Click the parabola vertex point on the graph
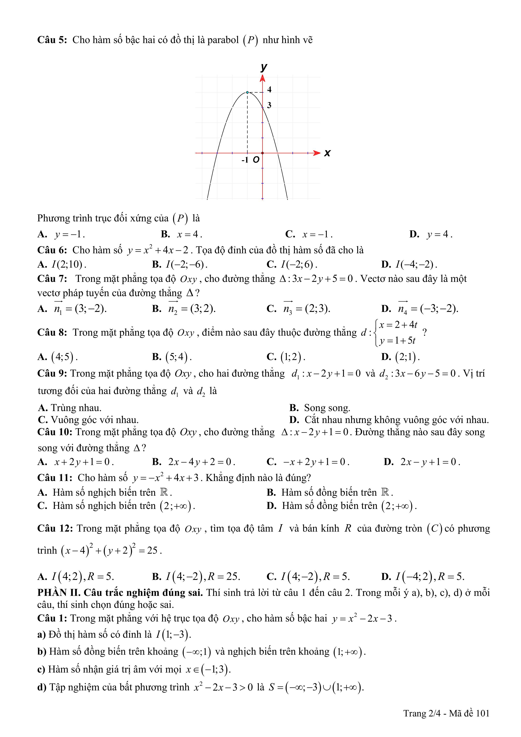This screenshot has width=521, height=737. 247,92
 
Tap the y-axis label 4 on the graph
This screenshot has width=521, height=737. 269,89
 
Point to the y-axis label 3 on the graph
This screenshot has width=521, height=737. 269,105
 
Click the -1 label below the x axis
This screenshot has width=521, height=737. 245,160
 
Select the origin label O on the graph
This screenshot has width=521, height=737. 256,160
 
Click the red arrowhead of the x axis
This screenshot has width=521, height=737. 317,153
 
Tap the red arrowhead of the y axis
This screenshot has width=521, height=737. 262,78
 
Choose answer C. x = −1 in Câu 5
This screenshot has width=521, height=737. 309,234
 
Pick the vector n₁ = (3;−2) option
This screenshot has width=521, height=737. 80,309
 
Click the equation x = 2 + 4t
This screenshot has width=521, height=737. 398,325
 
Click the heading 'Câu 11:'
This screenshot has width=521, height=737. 55,478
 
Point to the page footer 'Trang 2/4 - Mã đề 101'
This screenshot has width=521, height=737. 446,713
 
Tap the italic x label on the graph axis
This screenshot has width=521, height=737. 327,153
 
